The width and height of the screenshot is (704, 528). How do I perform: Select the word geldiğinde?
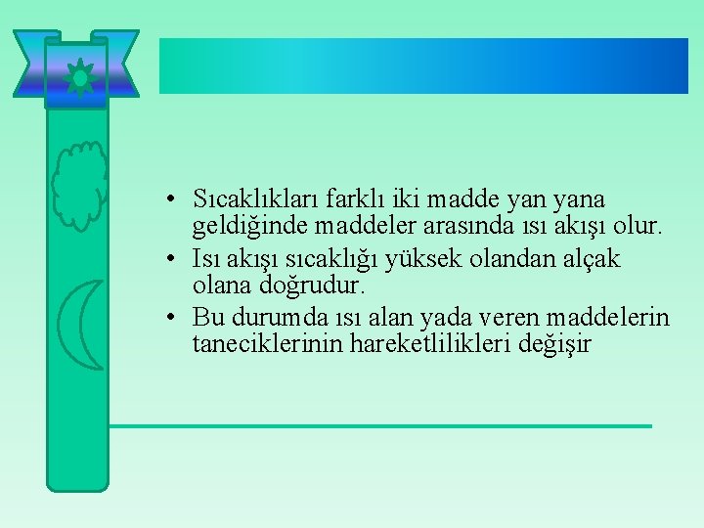coord(239,227)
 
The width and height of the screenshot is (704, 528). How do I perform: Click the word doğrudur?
coord(308,286)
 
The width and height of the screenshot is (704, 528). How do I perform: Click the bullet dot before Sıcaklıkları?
coord(170,199)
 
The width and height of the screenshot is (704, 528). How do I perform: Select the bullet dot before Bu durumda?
coord(170,319)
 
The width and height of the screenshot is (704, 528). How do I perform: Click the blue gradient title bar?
coord(423,66)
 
